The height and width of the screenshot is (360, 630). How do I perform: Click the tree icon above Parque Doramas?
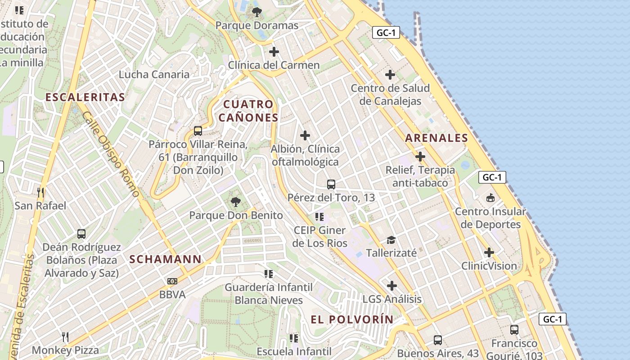point(257,12)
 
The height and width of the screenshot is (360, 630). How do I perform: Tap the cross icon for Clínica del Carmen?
point(274,52)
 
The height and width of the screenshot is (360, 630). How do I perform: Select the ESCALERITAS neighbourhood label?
point(85,97)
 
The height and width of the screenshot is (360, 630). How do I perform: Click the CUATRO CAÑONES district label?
point(248,111)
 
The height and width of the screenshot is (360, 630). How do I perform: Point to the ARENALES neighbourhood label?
point(436,138)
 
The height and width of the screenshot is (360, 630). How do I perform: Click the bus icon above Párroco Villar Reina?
point(198,131)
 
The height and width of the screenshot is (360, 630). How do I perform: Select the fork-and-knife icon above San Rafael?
point(40,193)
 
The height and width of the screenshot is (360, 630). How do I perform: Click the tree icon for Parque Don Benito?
point(235,202)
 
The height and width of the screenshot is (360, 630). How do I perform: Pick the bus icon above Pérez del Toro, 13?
point(331,184)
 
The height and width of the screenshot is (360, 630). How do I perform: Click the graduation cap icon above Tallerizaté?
point(391,240)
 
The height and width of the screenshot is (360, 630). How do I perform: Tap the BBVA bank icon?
point(172,281)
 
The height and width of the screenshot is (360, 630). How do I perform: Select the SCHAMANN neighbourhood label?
point(166,259)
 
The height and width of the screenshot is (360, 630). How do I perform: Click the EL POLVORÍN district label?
point(352,319)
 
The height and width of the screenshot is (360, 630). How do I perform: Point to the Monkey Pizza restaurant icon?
point(65,337)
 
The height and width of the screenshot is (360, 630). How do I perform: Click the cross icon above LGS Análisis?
point(392,286)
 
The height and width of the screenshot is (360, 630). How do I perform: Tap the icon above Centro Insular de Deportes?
point(490,198)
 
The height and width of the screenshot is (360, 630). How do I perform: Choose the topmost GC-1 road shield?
point(386,32)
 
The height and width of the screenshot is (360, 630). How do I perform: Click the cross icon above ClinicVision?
point(489,252)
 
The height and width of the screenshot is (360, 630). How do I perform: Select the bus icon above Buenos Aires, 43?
point(438,340)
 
